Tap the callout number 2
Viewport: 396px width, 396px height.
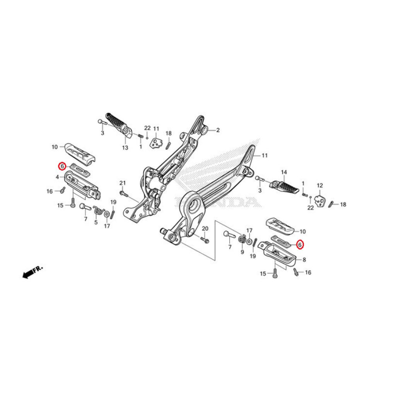218,130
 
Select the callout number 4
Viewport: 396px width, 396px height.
57,177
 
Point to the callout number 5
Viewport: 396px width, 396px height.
96,223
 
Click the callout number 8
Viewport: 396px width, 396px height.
304,260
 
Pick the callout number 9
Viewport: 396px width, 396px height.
242,252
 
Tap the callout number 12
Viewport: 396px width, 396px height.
320,186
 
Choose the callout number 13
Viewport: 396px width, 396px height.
125,148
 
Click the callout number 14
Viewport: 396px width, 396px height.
284,172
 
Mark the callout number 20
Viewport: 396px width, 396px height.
205,228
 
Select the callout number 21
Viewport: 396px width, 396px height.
123,183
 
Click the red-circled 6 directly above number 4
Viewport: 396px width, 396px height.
61,166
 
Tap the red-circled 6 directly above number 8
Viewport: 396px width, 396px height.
300,245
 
